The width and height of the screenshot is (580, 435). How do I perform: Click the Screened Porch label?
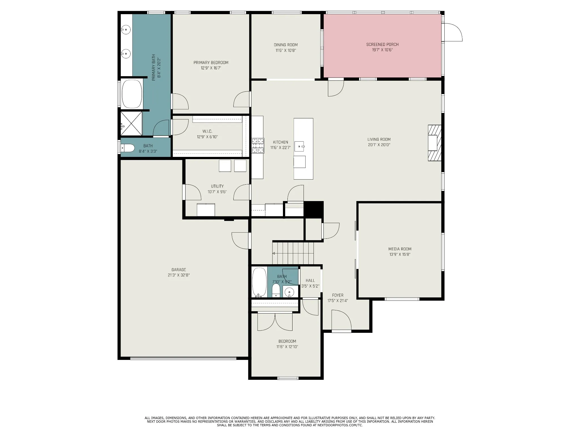point(382,44)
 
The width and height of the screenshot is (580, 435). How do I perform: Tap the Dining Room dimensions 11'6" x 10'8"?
point(286,50)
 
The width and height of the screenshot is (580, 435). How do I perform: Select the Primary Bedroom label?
point(211,63)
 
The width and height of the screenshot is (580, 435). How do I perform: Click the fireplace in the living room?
point(434,143)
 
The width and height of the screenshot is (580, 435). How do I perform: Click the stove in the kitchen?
point(258,146)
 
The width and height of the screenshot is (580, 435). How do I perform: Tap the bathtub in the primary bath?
point(132,94)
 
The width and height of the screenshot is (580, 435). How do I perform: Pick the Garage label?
point(179,270)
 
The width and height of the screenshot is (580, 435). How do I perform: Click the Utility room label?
point(217,186)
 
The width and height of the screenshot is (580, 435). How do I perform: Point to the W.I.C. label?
point(207,131)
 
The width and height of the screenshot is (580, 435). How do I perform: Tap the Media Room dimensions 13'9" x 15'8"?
point(400,254)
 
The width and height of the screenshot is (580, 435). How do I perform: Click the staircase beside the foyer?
point(293,253)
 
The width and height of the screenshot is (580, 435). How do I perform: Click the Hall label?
point(310,280)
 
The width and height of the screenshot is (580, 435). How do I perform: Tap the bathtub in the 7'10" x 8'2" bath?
point(259,282)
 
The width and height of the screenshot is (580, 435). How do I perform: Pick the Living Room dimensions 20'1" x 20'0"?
point(379,145)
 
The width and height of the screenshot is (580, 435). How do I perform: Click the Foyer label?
point(338,295)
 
